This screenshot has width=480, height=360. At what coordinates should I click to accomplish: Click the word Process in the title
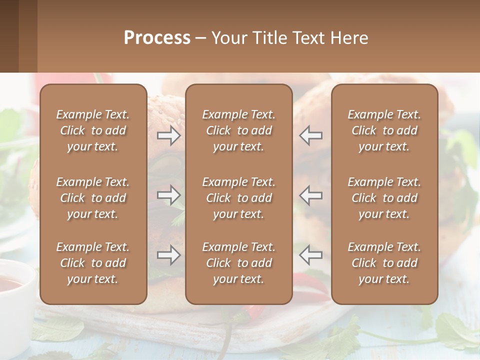point(157,38)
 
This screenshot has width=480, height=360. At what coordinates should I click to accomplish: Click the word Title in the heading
point(269,38)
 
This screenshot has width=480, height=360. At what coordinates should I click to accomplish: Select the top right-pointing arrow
point(169,135)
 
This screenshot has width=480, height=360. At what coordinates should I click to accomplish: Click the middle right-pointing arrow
point(169,195)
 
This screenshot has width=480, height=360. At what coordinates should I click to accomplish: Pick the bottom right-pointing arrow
point(169,255)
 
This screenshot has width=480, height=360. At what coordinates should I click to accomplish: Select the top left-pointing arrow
point(310,135)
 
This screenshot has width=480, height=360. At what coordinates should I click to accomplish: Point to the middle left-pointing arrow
point(310,195)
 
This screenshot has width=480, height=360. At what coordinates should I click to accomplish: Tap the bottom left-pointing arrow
point(310,255)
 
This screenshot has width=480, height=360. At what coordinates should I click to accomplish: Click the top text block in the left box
point(93,130)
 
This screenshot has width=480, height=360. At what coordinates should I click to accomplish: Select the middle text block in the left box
point(93,198)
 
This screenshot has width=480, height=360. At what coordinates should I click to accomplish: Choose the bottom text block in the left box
point(93,263)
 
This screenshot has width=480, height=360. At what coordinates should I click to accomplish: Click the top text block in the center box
point(239,130)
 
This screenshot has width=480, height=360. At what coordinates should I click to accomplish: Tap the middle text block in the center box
point(239,198)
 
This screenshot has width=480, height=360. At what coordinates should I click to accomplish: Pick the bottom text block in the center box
point(239,263)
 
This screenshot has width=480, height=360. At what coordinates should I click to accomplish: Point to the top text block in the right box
point(384,130)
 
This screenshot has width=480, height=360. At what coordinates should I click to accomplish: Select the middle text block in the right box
point(384,198)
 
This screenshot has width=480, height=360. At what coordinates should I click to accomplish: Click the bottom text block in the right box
point(384,263)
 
